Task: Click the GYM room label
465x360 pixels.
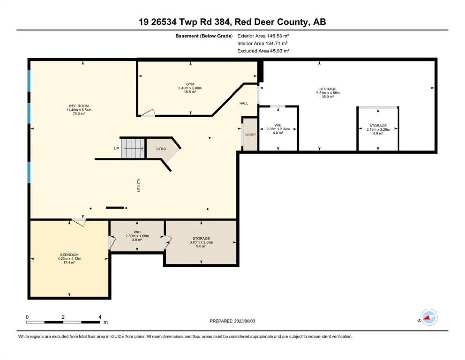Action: click(190, 84)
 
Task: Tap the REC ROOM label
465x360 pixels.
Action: click(79, 106)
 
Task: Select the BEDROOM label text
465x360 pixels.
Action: click(69, 255)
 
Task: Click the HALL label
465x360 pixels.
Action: click(244, 103)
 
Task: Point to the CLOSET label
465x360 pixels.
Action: click(250, 134)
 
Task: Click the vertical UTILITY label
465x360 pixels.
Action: click(139, 185)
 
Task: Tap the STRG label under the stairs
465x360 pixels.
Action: click(161, 149)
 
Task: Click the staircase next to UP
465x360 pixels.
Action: click(133, 148)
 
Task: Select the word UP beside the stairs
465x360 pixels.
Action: click(116, 148)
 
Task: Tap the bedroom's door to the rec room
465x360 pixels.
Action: click(79, 222)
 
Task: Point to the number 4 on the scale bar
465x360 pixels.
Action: click(100, 317)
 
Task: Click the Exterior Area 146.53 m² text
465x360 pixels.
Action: click(263, 36)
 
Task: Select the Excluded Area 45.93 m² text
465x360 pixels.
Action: click(263, 51)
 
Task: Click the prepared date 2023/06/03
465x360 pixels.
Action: click(244, 321)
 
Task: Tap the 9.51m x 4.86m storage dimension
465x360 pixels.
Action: click(328, 93)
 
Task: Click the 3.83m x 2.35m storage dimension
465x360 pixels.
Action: click(201, 242)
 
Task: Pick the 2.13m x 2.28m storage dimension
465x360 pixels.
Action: click(378, 130)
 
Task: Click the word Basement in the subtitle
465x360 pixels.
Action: click(187, 36)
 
